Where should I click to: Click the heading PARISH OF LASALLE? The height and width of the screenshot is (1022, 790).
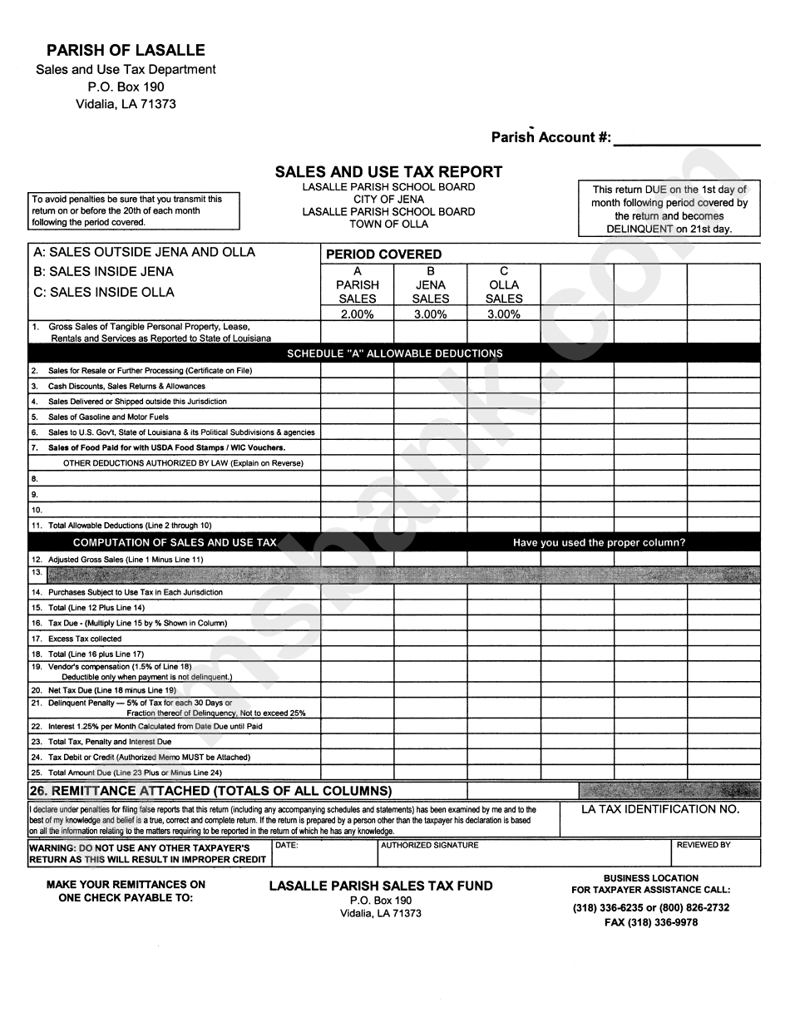tap(126, 51)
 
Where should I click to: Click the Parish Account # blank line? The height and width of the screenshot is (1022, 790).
tap(687, 138)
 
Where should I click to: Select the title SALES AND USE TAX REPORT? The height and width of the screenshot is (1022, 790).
tap(388, 172)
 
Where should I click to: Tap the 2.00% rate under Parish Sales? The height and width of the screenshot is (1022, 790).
tap(358, 314)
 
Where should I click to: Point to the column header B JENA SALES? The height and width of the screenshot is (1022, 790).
tap(430, 284)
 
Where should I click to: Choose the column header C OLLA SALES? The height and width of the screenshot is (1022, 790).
tap(504, 284)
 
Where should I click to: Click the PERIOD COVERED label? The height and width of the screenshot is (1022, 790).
tap(383, 254)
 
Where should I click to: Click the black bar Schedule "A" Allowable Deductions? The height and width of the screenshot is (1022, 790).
tap(394, 353)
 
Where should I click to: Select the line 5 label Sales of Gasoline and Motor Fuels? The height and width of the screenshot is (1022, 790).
tap(108, 417)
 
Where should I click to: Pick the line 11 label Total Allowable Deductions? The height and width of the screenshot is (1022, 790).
tap(130, 526)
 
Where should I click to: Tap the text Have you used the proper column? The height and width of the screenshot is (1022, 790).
tap(599, 543)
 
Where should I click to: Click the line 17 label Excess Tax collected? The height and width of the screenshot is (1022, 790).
tap(85, 639)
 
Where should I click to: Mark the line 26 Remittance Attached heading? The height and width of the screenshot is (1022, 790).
tap(210, 791)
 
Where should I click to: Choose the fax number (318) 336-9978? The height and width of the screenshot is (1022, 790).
tap(651, 922)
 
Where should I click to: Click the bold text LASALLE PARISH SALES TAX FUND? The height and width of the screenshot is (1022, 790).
tap(381, 886)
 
